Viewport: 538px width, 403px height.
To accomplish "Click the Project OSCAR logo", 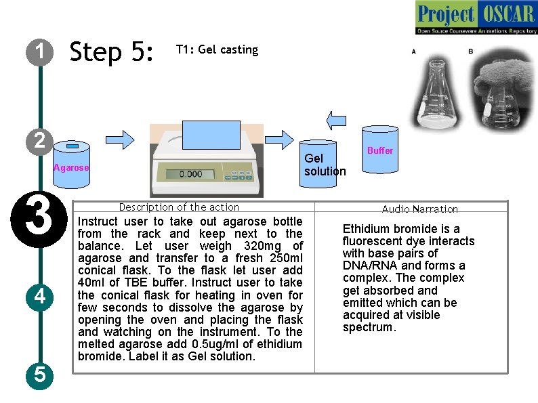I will tap(476, 18).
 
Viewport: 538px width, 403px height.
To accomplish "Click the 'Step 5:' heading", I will tap(112, 51).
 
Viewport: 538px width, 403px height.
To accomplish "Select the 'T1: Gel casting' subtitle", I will tap(217, 49).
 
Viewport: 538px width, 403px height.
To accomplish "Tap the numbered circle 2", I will tap(41, 140).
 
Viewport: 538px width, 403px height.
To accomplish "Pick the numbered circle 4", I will tap(41, 297).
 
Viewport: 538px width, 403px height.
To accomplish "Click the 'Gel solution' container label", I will tap(325, 165).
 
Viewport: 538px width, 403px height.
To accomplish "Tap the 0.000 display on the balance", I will tap(190, 174).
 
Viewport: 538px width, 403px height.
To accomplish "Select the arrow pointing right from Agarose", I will tap(121, 138).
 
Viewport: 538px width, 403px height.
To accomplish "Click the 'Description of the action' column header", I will tap(179, 207).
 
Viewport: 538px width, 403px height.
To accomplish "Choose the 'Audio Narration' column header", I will tap(419, 209).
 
